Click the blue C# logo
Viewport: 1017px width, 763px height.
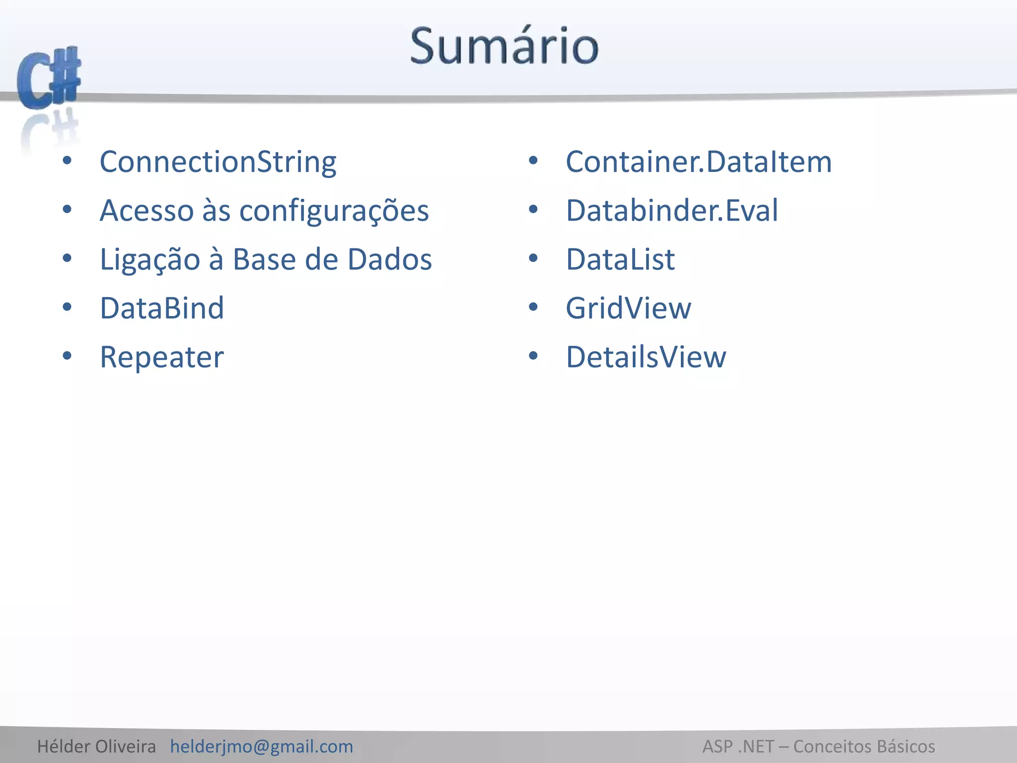tap(49, 78)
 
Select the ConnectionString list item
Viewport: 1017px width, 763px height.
tap(218, 162)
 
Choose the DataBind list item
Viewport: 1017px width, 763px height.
tap(162, 308)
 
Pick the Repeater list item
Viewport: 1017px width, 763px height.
tap(162, 357)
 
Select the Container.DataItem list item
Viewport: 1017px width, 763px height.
tap(699, 162)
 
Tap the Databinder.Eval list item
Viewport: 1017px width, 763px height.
tap(672, 211)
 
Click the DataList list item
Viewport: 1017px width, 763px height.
tap(620, 259)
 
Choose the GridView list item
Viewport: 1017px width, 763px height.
tap(628, 308)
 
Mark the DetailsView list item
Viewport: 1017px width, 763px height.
tap(646, 357)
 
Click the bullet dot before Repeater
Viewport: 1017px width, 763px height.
tap(67, 356)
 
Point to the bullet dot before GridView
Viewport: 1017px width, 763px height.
tap(533, 307)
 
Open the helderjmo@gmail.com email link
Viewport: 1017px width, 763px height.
tap(261, 746)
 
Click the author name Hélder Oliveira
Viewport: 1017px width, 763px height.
tap(96, 746)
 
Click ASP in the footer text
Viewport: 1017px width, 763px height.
tap(718, 746)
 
